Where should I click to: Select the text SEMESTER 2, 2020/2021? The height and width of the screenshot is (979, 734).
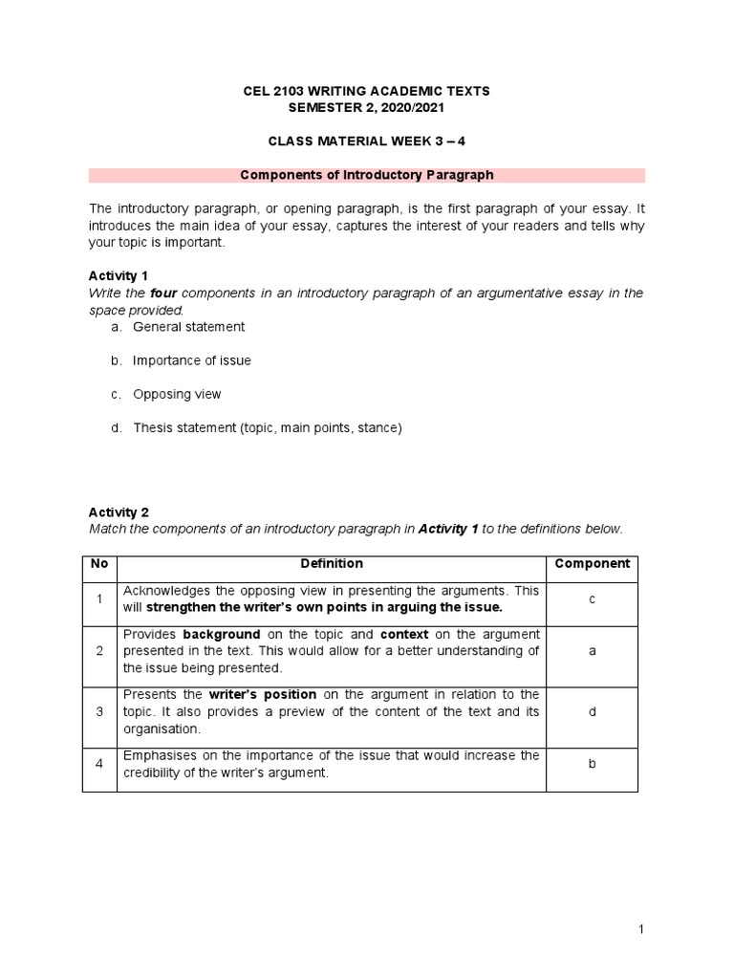click(x=367, y=108)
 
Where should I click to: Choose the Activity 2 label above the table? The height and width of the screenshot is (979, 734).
click(x=119, y=511)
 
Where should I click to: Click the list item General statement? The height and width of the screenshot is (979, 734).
click(x=188, y=327)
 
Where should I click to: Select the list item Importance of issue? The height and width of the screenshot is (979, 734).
click(x=191, y=360)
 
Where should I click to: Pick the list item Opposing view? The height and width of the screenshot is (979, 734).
click(x=177, y=394)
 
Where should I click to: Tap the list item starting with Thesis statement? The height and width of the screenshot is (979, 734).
click(x=268, y=428)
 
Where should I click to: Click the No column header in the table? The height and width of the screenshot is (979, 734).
click(x=99, y=564)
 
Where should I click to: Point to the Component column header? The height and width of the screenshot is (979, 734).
click(x=593, y=564)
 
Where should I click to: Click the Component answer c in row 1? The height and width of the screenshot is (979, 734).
click(x=593, y=598)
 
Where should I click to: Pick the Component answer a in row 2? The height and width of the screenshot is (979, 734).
click(x=593, y=651)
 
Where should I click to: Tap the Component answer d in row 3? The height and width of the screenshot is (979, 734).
click(x=593, y=711)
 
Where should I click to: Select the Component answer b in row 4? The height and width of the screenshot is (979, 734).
click(x=593, y=764)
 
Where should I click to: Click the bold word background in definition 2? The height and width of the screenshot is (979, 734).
click(x=222, y=635)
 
